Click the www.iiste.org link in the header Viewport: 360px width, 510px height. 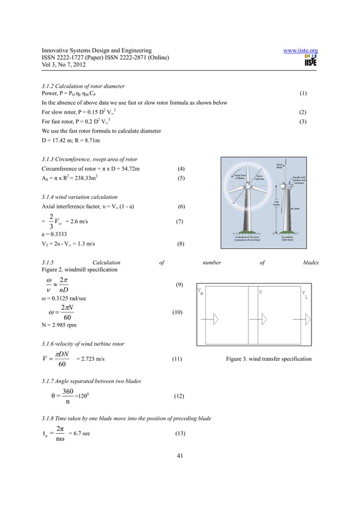(300, 51)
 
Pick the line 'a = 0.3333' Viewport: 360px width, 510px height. (55, 234)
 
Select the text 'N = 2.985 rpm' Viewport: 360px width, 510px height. (59, 325)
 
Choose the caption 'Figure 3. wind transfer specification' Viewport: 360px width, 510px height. (269, 359)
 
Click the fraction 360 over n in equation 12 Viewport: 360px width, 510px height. (67, 396)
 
